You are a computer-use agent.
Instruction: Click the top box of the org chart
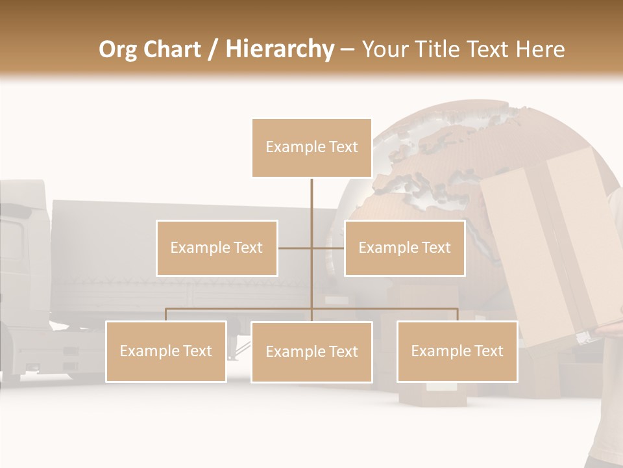point(311,148)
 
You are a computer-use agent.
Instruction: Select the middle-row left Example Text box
point(217,248)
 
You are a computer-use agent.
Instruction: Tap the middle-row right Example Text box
point(404,248)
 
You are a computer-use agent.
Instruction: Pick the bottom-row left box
point(166,351)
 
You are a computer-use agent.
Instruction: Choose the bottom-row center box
point(311,352)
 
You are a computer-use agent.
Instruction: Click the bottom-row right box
point(457,351)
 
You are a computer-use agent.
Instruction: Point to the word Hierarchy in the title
point(280,49)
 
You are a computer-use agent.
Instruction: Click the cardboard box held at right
point(552,247)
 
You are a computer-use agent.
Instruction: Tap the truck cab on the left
point(23,273)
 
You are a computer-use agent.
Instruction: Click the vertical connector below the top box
point(311,208)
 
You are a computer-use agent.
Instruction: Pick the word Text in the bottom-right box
point(488,351)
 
